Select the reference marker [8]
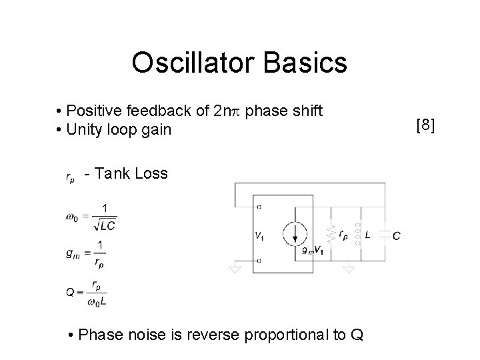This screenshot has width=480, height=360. [425, 125]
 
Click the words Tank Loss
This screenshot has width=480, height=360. [131, 174]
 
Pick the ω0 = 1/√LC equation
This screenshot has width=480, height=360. [91, 217]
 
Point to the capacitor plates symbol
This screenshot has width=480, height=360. [384, 235]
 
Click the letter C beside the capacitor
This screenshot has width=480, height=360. [397, 235]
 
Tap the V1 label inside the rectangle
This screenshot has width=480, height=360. [259, 234]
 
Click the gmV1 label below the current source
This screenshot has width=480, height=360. [311, 251]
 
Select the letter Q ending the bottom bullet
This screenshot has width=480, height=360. [357, 334]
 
